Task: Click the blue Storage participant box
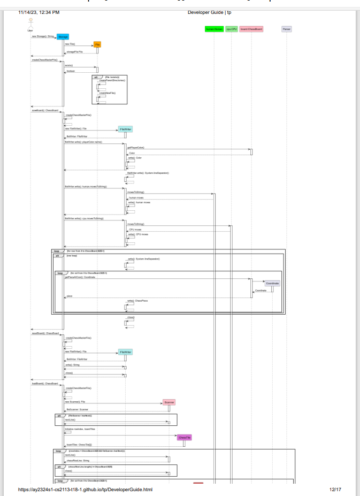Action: pyautogui.click(x=63, y=36)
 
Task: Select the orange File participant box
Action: pyautogui.click(x=97, y=44)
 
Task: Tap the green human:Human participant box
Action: pyautogui.click(x=214, y=29)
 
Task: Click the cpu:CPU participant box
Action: pyautogui.click(x=231, y=29)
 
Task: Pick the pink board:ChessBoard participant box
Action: pyautogui.click(x=251, y=29)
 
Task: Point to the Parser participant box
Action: pyautogui.click(x=287, y=29)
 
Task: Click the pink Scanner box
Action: pyautogui.click(x=168, y=402)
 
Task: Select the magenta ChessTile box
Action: pyautogui.click(x=185, y=437)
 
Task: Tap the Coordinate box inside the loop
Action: pyautogui.click(x=272, y=283)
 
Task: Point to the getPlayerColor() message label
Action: pyautogui.click(x=135, y=148)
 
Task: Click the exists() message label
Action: pyautogui.click(x=68, y=65)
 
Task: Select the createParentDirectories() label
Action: pyautogui.click(x=112, y=80)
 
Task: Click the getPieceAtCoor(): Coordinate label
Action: pyautogui.click(x=80, y=277)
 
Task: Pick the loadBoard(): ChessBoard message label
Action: pyautogui.click(x=45, y=384)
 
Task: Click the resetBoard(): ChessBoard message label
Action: pyautogui.click(x=45, y=333)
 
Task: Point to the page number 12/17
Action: pyautogui.click(x=335, y=490)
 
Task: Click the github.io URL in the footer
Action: pyautogui.click(x=86, y=490)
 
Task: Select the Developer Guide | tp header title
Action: pyautogui.click(x=210, y=12)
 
